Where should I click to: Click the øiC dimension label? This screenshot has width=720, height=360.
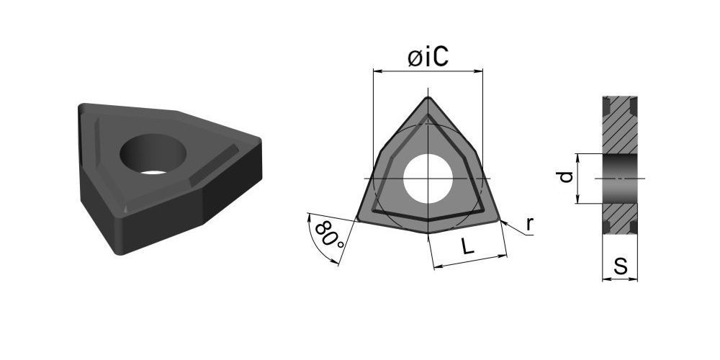point(428,58)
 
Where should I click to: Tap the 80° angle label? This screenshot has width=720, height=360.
point(330,235)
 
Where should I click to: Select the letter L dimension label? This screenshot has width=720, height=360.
point(467,247)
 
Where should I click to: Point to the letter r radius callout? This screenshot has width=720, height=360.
point(529,224)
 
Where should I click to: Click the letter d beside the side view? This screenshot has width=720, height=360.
point(566,177)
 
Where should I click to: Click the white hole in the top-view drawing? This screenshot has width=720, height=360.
point(428,179)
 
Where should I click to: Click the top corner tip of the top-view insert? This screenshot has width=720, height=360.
point(428,97)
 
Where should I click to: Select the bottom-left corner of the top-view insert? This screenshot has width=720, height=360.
point(358,220)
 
